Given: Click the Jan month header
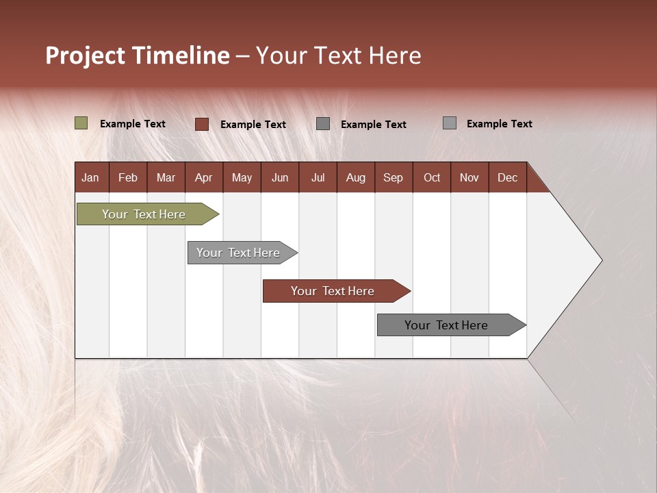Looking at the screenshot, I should coord(91,178).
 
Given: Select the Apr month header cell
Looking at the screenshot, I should coord(204,178).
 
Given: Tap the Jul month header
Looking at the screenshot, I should coord(318,178).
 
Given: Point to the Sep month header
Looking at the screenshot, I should coord(393,178).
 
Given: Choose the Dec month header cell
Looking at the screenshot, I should coord(507,178).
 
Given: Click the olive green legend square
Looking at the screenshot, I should coord(81,123).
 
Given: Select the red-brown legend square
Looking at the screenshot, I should coord(201,124).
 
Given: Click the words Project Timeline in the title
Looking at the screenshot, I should coord(138,55).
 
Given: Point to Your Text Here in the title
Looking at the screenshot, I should coord(339,55).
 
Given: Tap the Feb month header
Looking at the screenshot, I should coord(128,178).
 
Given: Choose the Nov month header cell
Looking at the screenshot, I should coord(469,178).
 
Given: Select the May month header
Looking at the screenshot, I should coord(242,178).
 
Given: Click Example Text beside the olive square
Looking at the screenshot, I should coord(133,124).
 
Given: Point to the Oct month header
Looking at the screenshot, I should coord(432,178).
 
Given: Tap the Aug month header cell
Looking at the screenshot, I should coord(355,178).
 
